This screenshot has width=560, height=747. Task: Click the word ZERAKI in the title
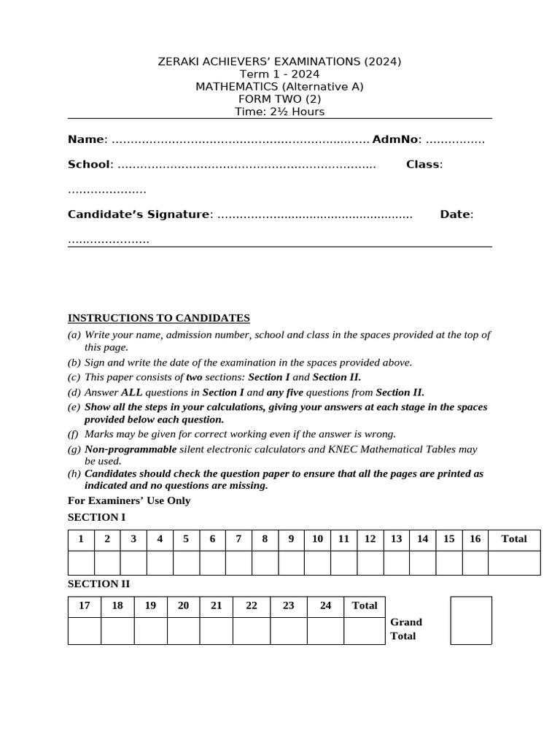[x=179, y=61]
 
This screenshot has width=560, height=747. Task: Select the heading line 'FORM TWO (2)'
[x=279, y=99]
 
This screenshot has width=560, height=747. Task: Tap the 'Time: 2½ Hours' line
[x=279, y=112]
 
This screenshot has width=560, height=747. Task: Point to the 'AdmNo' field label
[x=394, y=139]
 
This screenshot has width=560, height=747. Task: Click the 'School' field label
[x=88, y=164]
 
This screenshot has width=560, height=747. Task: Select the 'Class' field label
[x=423, y=164]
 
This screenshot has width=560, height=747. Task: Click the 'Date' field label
[x=456, y=214]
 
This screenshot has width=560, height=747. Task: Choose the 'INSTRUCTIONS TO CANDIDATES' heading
[x=159, y=318]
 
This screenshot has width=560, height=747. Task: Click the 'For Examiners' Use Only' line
[x=129, y=500]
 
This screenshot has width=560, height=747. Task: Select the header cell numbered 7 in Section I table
[x=238, y=539]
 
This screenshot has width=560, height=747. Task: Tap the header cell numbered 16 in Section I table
[x=475, y=539]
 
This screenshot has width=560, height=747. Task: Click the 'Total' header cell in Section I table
[x=514, y=539]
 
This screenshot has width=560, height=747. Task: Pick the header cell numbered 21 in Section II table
[x=216, y=605]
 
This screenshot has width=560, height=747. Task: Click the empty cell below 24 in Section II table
[x=325, y=631]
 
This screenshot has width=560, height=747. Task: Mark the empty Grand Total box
[x=471, y=620]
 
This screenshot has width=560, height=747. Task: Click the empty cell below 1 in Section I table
[x=81, y=563]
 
